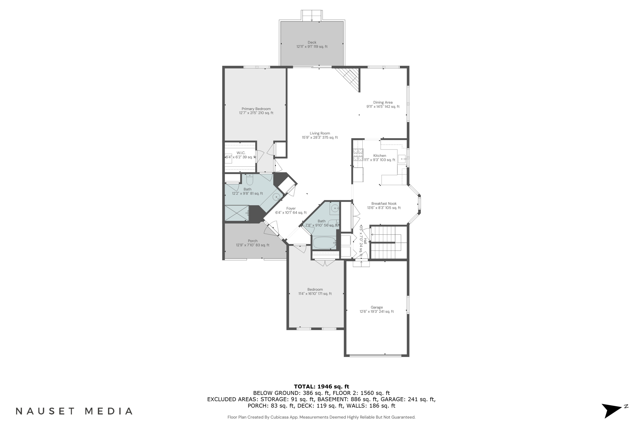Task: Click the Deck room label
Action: pyautogui.click(x=312, y=44)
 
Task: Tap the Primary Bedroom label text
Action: pyautogui.click(x=256, y=110)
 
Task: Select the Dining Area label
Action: pyautogui.click(x=383, y=104)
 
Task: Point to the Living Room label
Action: pyautogui.click(x=320, y=135)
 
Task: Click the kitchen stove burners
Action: pyautogui.click(x=358, y=155)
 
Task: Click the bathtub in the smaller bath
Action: pyautogui.click(x=324, y=243)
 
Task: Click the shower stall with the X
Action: pyautogui.click(x=237, y=213)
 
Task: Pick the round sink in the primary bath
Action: pyautogui.click(x=276, y=197)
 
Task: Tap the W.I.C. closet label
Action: pyautogui.click(x=241, y=155)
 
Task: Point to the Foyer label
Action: pyautogui.click(x=291, y=210)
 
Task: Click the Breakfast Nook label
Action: pyautogui.click(x=384, y=205)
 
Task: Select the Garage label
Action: pyautogui.click(x=376, y=309)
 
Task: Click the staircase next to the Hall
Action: pyautogui.click(x=385, y=242)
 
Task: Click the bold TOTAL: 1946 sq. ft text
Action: pyautogui.click(x=321, y=387)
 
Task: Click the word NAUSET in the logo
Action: pyautogui.click(x=45, y=411)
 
